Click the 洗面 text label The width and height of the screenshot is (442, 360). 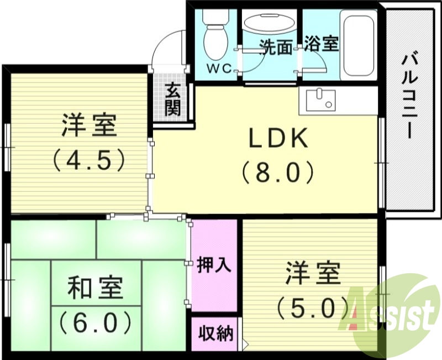pos(276,47)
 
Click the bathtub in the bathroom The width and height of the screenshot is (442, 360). pos(358,44)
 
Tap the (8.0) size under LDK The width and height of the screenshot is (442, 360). pos(277,173)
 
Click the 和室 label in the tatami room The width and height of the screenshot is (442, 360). pos(96,289)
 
